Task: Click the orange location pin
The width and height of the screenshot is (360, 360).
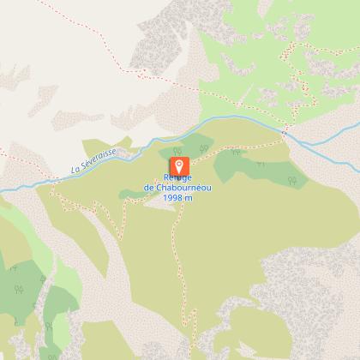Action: (x=179, y=165)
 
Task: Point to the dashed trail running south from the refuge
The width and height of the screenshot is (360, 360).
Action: (x=175, y=257)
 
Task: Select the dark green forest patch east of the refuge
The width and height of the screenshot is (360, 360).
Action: (x=249, y=166)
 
